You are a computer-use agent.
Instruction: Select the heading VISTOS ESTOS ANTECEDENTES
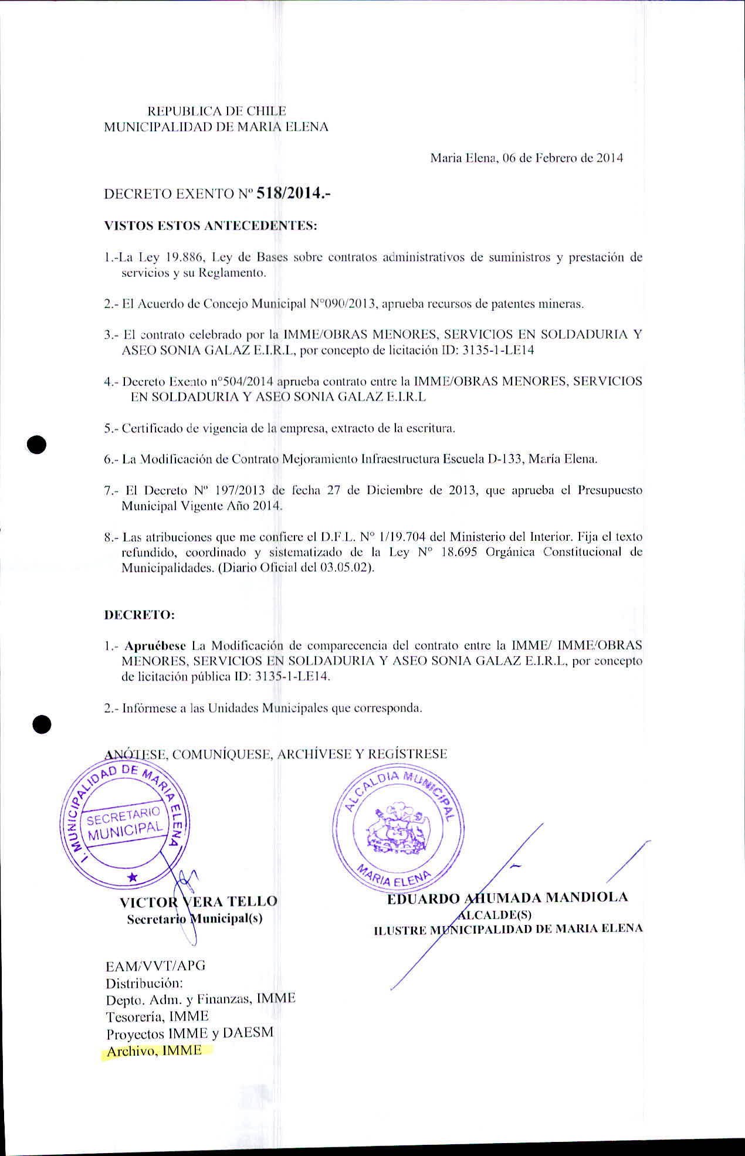pyautogui.click(x=210, y=226)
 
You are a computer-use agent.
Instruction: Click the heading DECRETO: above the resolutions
pyautogui.click(x=139, y=615)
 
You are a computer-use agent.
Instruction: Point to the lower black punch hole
pyautogui.click(x=42, y=725)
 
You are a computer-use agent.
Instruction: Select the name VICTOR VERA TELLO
pyautogui.click(x=198, y=901)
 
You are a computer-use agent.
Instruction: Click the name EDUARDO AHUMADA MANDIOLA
pyautogui.click(x=507, y=897)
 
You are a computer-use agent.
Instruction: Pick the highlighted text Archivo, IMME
pyautogui.click(x=154, y=1050)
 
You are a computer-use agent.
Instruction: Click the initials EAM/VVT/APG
pyautogui.click(x=155, y=966)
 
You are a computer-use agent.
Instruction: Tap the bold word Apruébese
pyautogui.click(x=155, y=646)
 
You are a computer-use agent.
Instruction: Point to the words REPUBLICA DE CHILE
pyautogui.click(x=216, y=111)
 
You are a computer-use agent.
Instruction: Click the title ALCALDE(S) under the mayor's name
pyautogui.click(x=494, y=914)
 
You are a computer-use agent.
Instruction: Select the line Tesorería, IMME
pyautogui.click(x=157, y=1016)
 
